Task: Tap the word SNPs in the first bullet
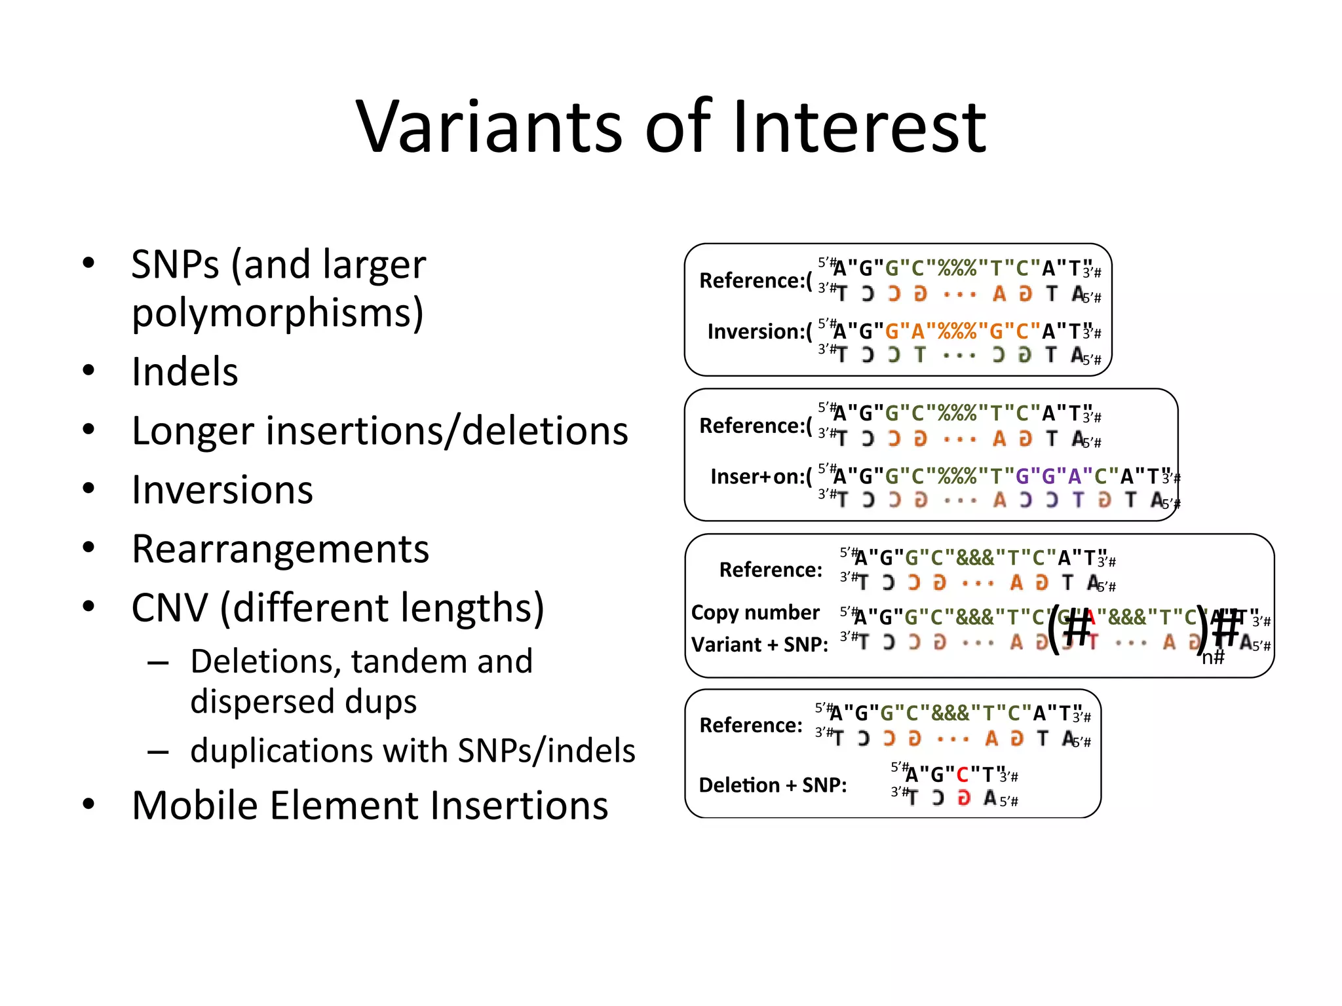(175, 265)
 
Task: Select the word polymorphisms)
(278, 313)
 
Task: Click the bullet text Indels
(185, 372)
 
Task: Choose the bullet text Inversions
(222, 490)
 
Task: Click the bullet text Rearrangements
(280, 549)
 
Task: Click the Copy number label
(755, 612)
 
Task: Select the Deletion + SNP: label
(773, 785)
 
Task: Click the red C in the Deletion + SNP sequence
(962, 775)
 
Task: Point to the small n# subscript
(1212, 657)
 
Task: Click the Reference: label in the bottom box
(750, 725)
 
